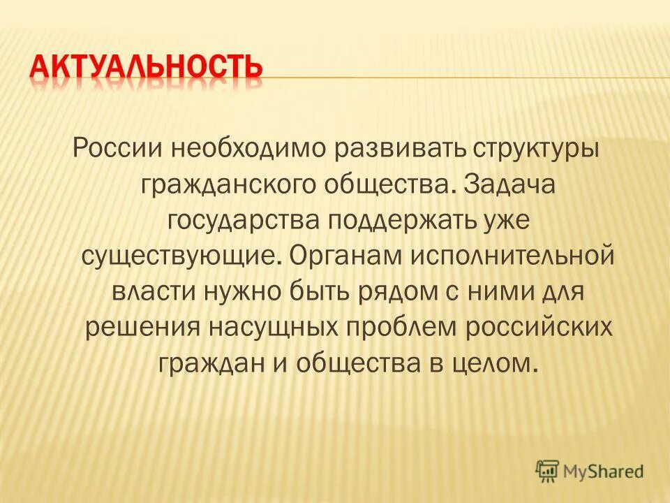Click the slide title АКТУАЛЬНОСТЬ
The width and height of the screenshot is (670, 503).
point(146,70)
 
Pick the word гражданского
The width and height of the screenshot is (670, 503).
point(228,185)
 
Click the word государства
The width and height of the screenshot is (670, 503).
point(239,221)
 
